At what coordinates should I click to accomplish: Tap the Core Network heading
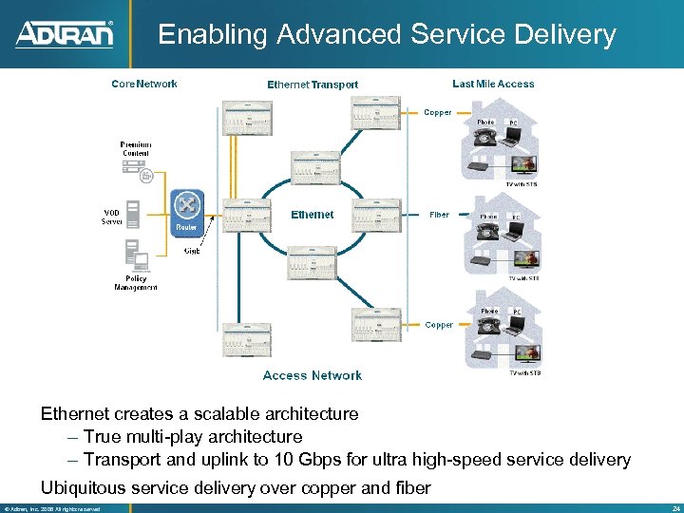[x=144, y=84]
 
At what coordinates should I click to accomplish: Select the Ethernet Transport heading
[x=313, y=85]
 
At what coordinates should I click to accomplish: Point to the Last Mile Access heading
[x=493, y=84]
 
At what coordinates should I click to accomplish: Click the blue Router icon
[x=186, y=209]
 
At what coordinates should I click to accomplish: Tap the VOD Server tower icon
[x=133, y=213]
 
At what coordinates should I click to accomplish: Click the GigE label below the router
[x=192, y=251]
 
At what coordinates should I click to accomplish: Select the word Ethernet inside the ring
[x=312, y=215]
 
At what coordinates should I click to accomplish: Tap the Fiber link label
[x=439, y=215]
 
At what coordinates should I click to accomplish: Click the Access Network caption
[x=312, y=375]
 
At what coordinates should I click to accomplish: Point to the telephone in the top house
[x=486, y=138]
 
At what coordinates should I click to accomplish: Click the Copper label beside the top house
[x=438, y=113]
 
